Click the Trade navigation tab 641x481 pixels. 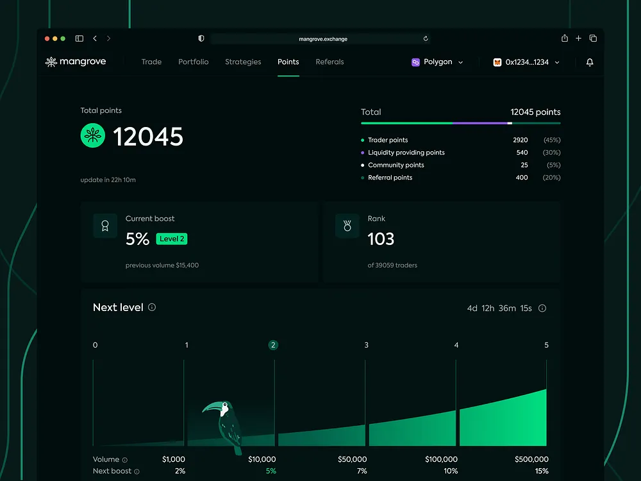(x=151, y=62)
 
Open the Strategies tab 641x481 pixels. (x=243, y=62)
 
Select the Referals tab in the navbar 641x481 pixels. (x=329, y=62)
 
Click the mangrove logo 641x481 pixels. (x=76, y=62)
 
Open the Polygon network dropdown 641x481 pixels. (x=438, y=62)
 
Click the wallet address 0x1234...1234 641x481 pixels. (x=526, y=62)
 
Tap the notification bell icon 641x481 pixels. (x=590, y=62)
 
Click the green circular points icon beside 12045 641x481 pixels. (x=93, y=136)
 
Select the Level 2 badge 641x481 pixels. (x=171, y=239)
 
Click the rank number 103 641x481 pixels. (x=381, y=239)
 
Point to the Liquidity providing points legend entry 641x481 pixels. (x=406, y=153)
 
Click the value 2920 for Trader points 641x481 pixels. (x=520, y=140)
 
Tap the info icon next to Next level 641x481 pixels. (x=152, y=307)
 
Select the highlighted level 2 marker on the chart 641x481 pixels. (x=273, y=345)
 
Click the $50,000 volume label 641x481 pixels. (x=352, y=459)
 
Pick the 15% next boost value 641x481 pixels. (x=541, y=471)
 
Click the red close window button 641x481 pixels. (x=47, y=38)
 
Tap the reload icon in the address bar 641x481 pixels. (x=426, y=38)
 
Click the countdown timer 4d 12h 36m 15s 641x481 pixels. (x=499, y=308)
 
